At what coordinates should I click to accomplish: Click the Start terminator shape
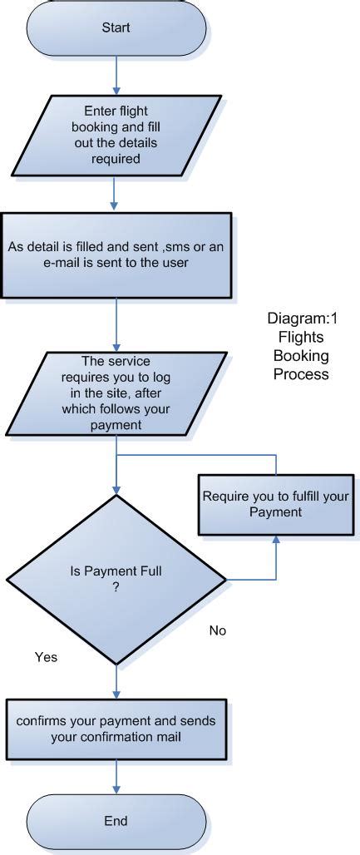(x=116, y=28)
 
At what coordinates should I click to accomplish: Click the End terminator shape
(x=116, y=821)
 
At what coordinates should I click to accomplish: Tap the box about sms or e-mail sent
(x=116, y=255)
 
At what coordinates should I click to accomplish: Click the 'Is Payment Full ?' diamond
(x=116, y=579)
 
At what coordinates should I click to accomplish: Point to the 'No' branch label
(x=218, y=630)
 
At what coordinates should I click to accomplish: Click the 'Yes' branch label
(x=46, y=657)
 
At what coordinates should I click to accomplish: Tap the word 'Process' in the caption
(x=298, y=374)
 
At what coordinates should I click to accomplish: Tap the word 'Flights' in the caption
(x=298, y=338)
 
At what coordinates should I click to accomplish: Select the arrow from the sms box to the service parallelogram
(x=116, y=324)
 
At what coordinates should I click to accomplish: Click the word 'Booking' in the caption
(x=298, y=356)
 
